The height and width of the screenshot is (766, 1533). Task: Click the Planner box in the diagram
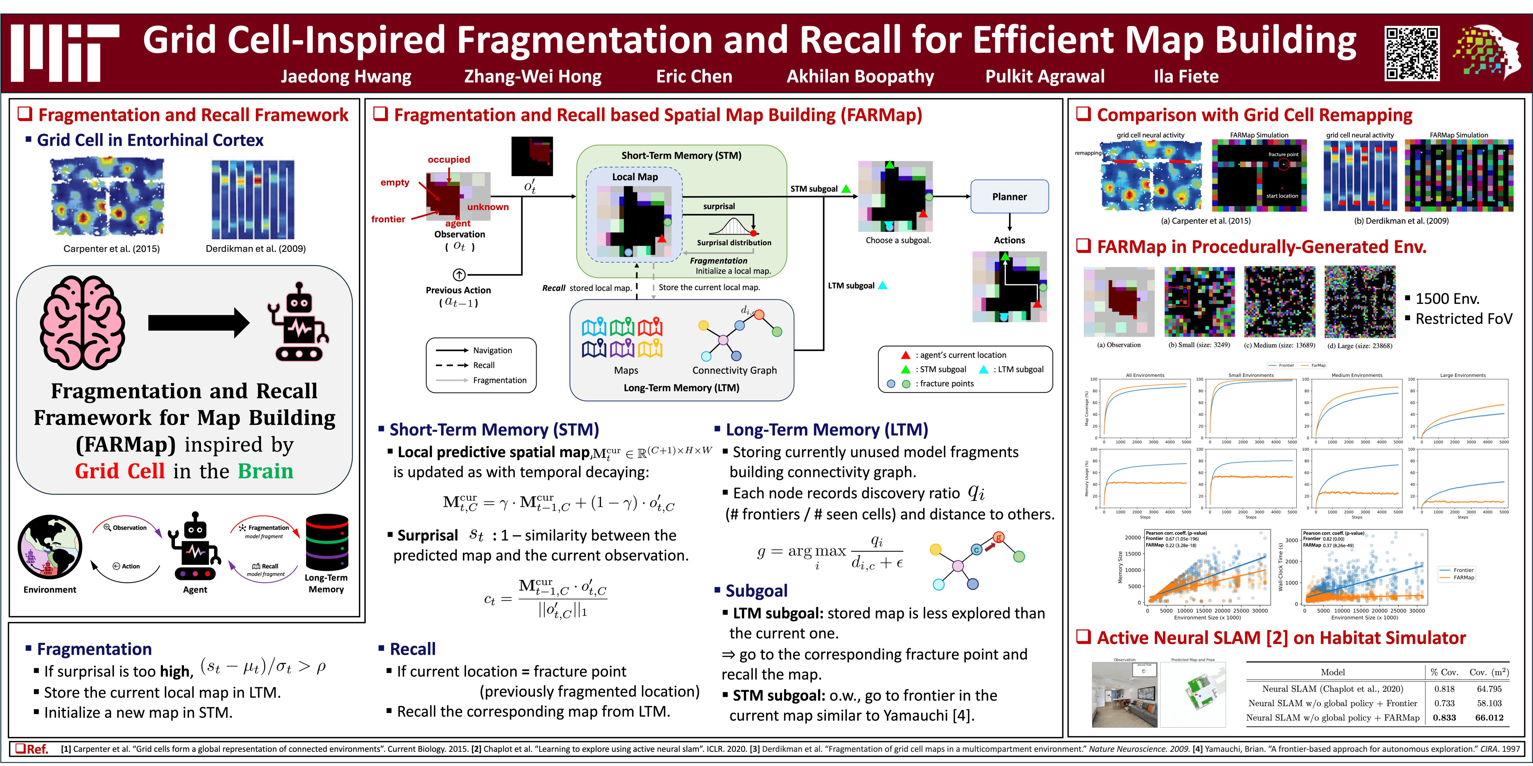[x=1009, y=196]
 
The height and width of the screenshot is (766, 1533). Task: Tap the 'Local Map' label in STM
[x=635, y=177]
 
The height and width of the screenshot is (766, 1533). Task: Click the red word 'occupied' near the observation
[x=449, y=160]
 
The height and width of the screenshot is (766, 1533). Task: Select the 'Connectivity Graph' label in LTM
[x=734, y=370]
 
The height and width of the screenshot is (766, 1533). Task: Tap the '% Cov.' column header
[x=1444, y=672]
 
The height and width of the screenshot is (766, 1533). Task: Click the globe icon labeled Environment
[x=50, y=546]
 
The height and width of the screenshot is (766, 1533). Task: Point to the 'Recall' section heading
[x=412, y=649]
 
